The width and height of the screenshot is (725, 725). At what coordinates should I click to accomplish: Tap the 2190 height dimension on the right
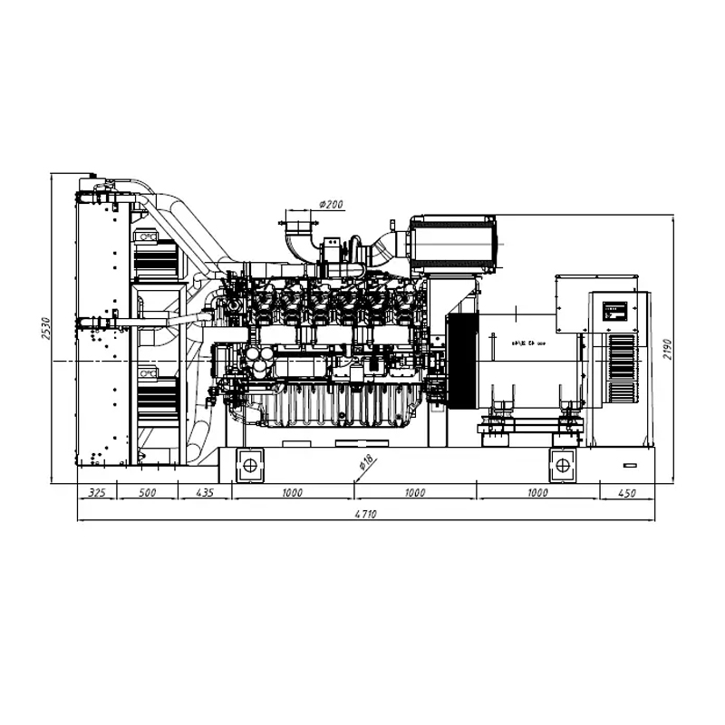point(668,349)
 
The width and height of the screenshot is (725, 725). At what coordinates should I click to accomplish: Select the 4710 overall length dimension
point(365,514)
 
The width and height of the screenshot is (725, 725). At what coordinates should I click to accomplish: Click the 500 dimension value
point(146,493)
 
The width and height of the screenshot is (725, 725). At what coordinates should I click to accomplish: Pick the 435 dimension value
point(204,493)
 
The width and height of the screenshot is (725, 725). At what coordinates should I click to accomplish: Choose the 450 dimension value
point(626,493)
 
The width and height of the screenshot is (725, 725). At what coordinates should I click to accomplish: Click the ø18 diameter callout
point(366,461)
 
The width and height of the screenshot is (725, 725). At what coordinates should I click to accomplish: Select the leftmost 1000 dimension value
point(292,493)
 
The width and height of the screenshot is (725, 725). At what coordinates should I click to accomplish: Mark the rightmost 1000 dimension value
point(537,493)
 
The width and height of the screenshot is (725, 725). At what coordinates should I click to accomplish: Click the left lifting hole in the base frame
point(248,466)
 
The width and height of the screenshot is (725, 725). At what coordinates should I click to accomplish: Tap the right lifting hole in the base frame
point(563,466)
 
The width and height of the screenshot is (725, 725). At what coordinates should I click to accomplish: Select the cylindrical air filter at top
point(453,243)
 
